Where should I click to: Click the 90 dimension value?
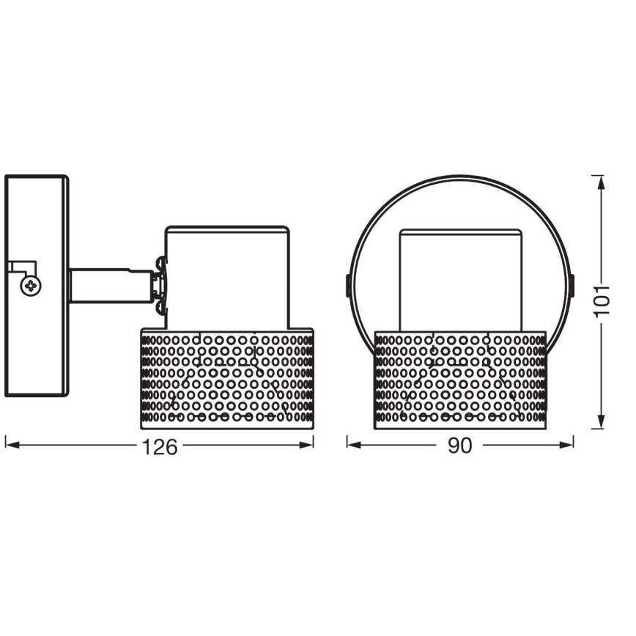[459, 446]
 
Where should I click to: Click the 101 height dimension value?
[602, 300]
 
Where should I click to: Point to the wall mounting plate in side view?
[37, 286]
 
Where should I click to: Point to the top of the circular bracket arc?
[460, 176]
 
